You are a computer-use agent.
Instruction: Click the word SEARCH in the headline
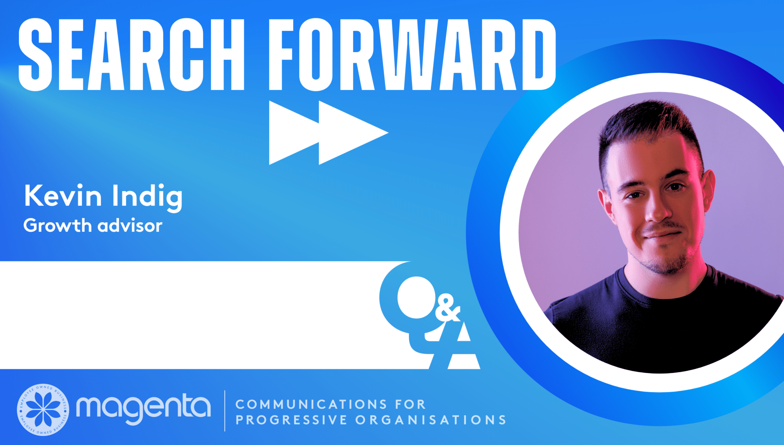131,55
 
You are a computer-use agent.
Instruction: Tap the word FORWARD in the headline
412,55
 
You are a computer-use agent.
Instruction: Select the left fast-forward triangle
294,133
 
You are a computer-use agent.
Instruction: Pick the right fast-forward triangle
353,133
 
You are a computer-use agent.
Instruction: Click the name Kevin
63,196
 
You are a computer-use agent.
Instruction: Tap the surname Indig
147,197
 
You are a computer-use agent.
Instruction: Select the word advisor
130,225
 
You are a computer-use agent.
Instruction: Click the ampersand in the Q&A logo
447,308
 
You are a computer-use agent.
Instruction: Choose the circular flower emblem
43,410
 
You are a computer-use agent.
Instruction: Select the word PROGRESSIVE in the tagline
291,420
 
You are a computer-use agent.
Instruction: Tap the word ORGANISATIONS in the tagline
431,420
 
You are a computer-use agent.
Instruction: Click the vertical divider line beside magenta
225,411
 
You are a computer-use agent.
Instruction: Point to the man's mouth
662,234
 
